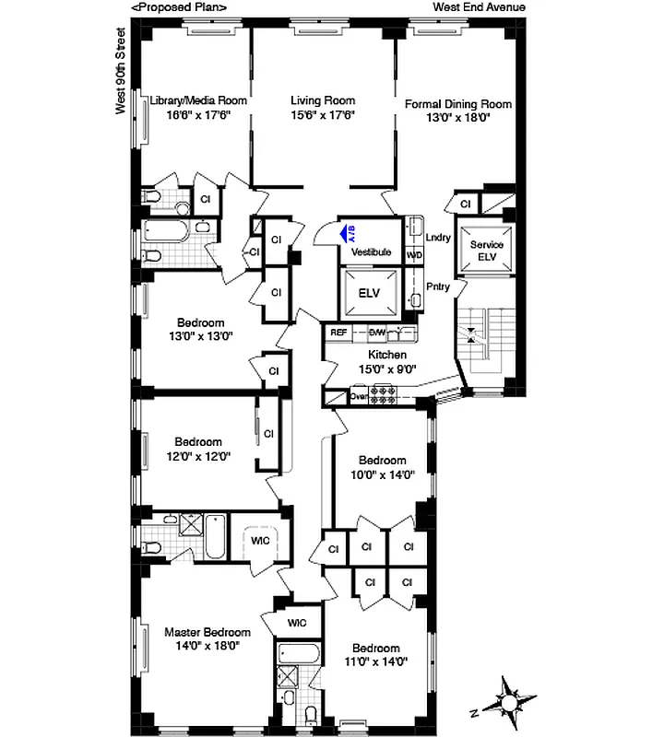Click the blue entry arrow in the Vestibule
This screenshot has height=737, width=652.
click(347, 233)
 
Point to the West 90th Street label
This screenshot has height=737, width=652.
click(120, 70)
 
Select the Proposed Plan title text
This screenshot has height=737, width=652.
click(179, 7)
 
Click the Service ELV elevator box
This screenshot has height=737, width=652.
click(486, 251)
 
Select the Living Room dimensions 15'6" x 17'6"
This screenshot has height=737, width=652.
click(323, 115)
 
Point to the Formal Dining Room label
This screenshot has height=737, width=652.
click(457, 104)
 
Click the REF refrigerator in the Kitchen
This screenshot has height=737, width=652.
click(338, 332)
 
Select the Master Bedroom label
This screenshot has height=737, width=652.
click(207, 632)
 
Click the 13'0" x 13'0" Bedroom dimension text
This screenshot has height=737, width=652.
click(201, 336)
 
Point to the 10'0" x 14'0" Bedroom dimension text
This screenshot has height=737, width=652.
click(382, 474)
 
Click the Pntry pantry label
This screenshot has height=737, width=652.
click(438, 287)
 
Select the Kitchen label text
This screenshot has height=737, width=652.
click(387, 354)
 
